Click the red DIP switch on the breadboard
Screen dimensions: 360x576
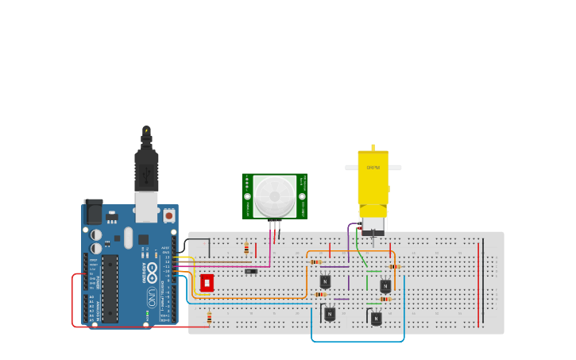207,283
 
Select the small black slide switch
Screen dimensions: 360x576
251,272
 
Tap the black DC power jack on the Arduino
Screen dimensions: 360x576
93,211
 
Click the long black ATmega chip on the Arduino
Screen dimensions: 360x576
110,288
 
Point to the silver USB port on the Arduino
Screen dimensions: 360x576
146,206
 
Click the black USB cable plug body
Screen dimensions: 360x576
146,171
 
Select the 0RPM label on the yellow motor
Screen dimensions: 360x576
373,168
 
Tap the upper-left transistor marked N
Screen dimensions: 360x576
325,281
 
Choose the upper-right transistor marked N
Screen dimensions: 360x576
385,286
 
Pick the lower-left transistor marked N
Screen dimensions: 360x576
330,314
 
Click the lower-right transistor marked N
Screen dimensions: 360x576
376,318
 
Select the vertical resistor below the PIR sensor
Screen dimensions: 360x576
246,248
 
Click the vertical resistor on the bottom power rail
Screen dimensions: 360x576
209,319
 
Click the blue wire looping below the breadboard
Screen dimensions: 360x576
358,341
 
